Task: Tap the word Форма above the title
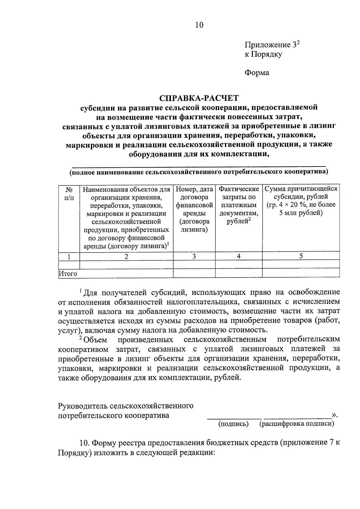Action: point(257,73)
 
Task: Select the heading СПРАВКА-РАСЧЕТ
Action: point(199,98)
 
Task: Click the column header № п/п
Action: point(69,193)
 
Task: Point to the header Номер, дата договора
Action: point(194,193)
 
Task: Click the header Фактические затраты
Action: point(239,193)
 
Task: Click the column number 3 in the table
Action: point(194,256)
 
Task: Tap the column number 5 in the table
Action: point(301,256)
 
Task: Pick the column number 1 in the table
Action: point(69,257)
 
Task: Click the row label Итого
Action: point(68,274)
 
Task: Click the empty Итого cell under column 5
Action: point(301,273)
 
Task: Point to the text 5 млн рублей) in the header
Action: point(301,213)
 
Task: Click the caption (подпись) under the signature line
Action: point(233,424)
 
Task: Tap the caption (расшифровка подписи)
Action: point(297,424)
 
